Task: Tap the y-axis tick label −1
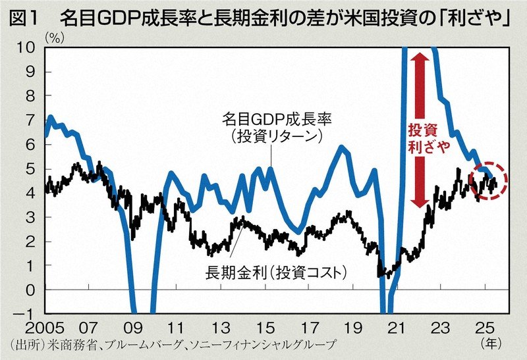tap(26, 314)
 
